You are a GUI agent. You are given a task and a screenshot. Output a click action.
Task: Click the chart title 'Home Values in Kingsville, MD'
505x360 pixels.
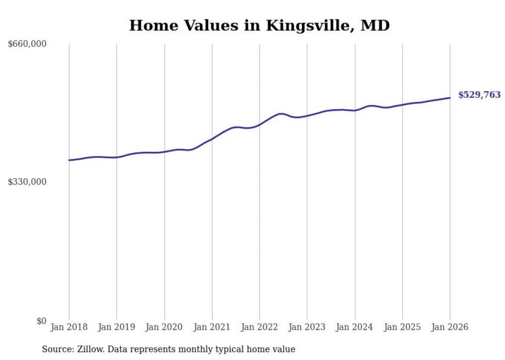[x=259, y=25]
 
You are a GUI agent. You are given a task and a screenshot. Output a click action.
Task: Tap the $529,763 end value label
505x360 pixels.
[x=479, y=95]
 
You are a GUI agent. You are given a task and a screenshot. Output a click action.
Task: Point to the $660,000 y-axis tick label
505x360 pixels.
[x=27, y=44]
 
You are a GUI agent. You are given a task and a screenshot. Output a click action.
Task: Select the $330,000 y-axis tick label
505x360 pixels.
[x=27, y=182]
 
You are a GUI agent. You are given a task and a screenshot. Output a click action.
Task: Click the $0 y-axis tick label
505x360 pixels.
[x=41, y=321]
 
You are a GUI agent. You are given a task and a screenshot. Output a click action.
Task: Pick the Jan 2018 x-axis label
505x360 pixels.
[x=69, y=327]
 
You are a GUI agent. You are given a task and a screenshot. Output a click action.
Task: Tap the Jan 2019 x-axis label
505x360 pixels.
[x=116, y=327]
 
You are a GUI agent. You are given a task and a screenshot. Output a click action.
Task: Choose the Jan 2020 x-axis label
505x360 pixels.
[x=164, y=327]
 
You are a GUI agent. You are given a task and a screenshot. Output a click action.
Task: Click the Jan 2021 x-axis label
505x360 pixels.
[x=212, y=327]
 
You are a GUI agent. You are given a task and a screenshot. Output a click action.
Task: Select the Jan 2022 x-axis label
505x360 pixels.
[x=260, y=327]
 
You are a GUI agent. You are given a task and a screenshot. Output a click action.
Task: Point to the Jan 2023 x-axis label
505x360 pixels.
[x=307, y=327]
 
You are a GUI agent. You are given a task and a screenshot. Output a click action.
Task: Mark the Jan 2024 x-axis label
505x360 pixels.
[x=355, y=327]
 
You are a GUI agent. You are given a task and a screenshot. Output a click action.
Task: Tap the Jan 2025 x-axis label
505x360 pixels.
[x=402, y=327]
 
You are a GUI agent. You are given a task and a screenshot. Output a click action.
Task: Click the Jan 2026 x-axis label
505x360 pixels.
[x=450, y=327]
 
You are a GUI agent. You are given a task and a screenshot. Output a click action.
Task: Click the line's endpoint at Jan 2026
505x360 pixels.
[x=450, y=98]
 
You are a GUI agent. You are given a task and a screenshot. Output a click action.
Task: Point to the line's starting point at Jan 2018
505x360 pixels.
[x=69, y=160]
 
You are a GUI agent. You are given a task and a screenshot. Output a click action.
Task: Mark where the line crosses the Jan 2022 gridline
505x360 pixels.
[x=260, y=124]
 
